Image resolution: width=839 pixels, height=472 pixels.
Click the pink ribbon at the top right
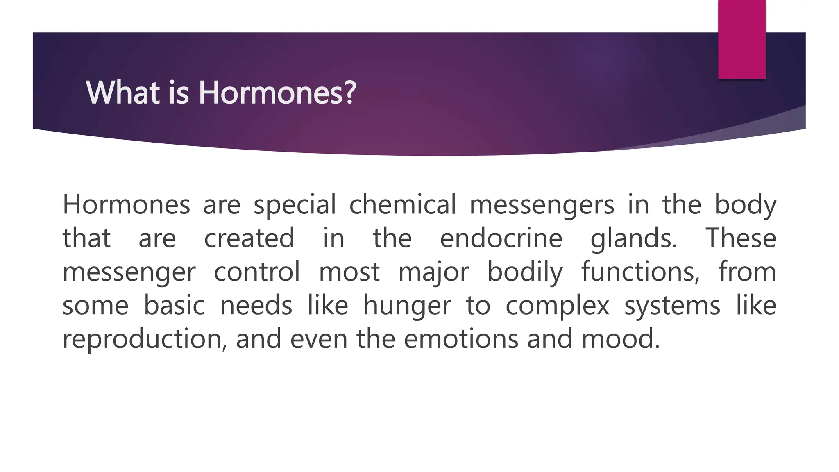(x=741, y=39)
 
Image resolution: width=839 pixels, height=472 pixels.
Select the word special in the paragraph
(x=295, y=204)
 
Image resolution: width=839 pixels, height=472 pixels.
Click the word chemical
(x=402, y=204)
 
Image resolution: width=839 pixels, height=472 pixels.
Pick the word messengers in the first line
(x=542, y=204)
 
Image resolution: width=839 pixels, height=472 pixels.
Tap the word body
(x=745, y=204)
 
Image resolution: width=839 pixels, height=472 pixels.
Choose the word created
(x=249, y=238)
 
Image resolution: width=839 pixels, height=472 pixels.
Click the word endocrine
(x=501, y=238)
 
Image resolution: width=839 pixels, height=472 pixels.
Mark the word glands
(x=633, y=238)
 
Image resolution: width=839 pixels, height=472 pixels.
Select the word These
(x=740, y=238)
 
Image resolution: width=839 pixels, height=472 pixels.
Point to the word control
(x=257, y=272)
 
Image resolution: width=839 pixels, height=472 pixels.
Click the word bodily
(x=525, y=272)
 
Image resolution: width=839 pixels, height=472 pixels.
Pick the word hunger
(x=407, y=306)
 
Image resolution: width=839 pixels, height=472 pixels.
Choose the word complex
(x=557, y=306)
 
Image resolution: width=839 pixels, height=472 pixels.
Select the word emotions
(x=461, y=339)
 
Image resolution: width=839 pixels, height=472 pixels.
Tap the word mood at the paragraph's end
(x=620, y=339)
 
